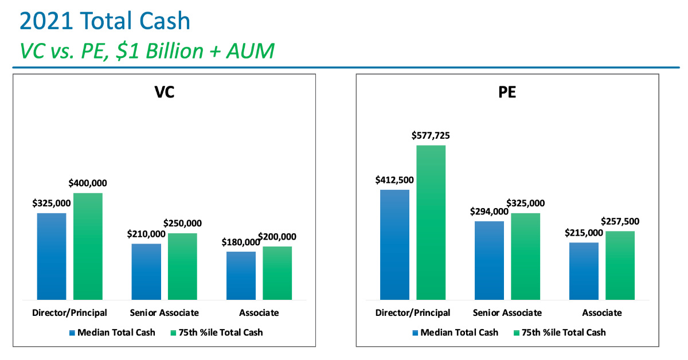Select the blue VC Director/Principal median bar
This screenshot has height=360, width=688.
pos(52,256)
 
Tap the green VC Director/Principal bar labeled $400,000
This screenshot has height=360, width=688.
pos(88,246)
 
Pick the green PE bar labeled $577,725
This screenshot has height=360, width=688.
pos(431,222)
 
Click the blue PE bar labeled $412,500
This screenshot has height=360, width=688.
pos(394,244)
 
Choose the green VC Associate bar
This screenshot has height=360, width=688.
pos(277,273)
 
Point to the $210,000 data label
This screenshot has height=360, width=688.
pos(146,234)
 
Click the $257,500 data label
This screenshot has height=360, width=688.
pos(620,221)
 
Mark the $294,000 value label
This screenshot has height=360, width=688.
pos(489,212)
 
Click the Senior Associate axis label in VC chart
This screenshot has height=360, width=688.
pos(164,313)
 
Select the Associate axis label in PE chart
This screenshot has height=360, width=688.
pos(602,313)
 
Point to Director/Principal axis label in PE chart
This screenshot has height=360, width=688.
pos(413,313)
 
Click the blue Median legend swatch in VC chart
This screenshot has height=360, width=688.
pos(72,332)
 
